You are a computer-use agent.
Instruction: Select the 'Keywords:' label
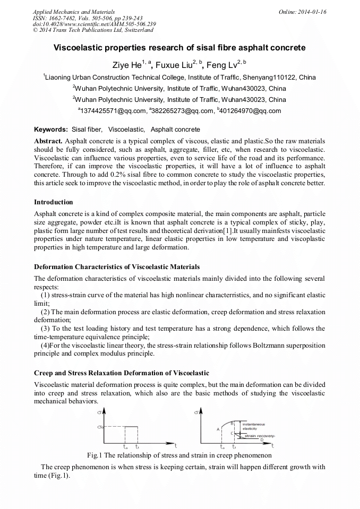[51, 130]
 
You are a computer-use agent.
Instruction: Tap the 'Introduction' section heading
[54, 202]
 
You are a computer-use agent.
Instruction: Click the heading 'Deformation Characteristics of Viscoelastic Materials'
[117, 266]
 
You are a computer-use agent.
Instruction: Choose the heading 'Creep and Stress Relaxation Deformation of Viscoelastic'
[121, 373]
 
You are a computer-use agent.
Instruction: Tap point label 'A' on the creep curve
[218, 428]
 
